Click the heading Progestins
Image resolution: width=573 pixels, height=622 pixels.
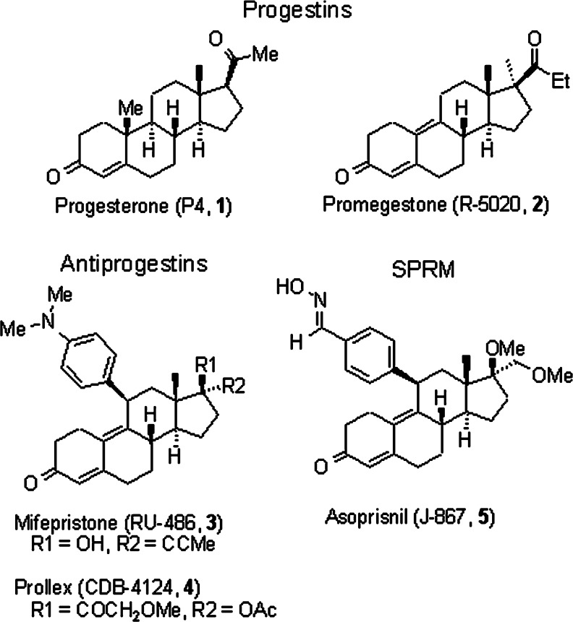[286, 12]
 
